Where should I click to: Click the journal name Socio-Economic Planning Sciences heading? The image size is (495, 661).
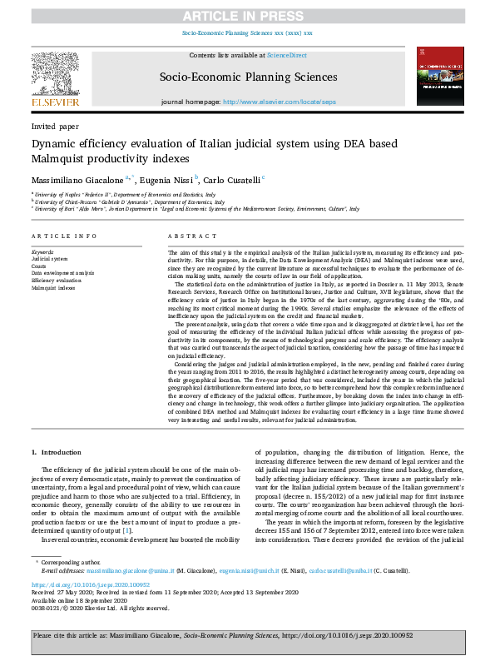tap(246, 76)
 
